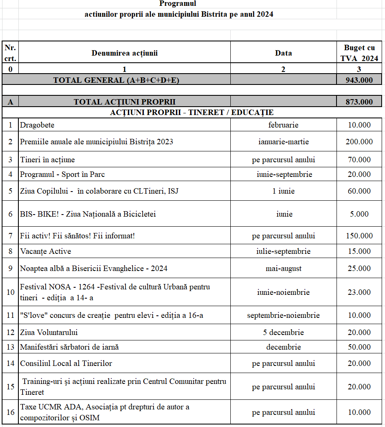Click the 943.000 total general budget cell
(x=359, y=80)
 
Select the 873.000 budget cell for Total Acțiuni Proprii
(x=359, y=102)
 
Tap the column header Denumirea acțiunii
(x=125, y=53)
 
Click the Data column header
(x=283, y=53)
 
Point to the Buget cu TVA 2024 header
(x=359, y=53)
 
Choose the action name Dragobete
(x=37, y=125)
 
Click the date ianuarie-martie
(x=283, y=142)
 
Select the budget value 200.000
(x=359, y=142)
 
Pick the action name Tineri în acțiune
(x=48, y=160)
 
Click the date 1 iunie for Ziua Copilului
(x=283, y=191)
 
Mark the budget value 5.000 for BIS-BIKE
(x=359, y=214)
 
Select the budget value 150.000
(x=359, y=236)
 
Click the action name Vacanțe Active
(x=46, y=251)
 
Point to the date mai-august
(x=283, y=268)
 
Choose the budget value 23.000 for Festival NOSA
(x=359, y=292)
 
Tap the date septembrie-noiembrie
(x=283, y=315)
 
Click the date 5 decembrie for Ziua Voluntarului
(x=283, y=332)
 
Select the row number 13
(x=10, y=347)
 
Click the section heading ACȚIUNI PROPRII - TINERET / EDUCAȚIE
(x=192, y=113)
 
